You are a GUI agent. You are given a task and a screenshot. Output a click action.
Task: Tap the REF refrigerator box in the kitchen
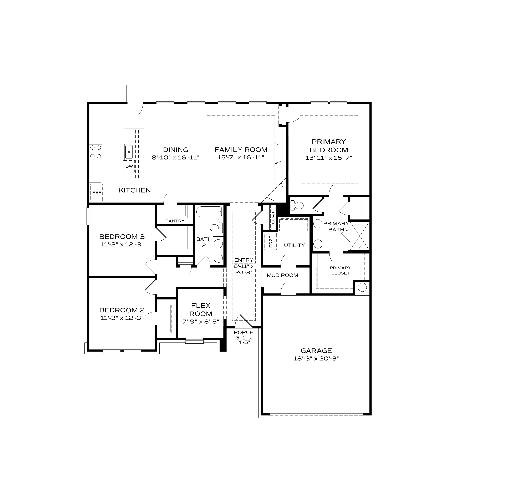(x=97, y=193)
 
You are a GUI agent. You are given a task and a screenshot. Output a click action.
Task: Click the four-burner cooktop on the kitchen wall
(x=95, y=152)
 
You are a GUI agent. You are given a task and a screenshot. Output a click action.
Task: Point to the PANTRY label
(x=175, y=221)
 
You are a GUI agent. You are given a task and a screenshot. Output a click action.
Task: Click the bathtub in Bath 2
(x=209, y=212)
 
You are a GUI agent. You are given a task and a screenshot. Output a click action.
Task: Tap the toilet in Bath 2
(x=216, y=228)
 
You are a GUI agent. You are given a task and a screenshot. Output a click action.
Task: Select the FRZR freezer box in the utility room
(x=271, y=241)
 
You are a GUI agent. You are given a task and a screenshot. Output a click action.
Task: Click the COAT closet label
(x=273, y=217)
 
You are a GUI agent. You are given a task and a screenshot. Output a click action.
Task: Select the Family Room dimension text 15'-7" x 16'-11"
(x=241, y=158)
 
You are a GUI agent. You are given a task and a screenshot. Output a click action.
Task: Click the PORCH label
(x=244, y=332)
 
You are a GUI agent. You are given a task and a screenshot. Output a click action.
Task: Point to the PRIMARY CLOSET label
(x=340, y=270)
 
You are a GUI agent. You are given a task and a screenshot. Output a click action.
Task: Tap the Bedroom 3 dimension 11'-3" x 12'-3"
(x=122, y=245)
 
